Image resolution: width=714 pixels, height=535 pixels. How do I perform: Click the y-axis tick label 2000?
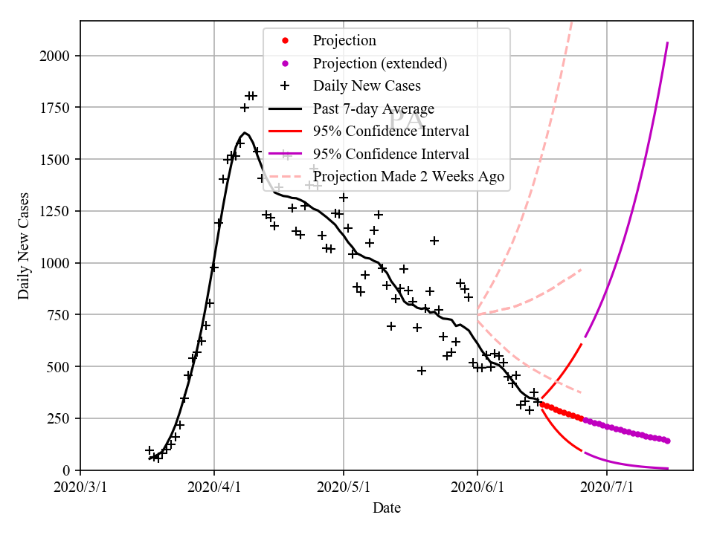point(56,56)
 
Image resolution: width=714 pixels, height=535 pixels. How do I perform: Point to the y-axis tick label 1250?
point(56,211)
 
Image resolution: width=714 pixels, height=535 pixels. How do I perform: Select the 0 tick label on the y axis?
point(67,470)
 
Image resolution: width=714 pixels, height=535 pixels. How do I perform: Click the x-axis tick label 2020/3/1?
point(80,487)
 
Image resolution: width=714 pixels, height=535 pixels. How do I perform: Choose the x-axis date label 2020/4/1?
point(214,487)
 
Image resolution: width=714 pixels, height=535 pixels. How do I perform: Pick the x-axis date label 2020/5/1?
point(343,487)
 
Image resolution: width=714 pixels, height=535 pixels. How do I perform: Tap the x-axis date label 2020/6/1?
point(477,487)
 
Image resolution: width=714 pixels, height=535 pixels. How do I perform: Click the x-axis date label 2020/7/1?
point(607,487)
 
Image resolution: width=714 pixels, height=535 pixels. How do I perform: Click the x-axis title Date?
point(387,508)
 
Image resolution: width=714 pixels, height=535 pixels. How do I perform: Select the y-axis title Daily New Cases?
point(24,245)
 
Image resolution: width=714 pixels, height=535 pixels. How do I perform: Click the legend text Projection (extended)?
point(380,63)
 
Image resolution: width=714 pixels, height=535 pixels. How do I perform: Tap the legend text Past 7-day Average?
point(373,109)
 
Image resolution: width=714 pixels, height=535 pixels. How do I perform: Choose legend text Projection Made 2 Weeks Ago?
point(408,177)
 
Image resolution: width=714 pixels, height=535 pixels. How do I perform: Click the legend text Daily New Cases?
point(367,86)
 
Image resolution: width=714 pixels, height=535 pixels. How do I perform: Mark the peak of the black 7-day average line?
point(245,133)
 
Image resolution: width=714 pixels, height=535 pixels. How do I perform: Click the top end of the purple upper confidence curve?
point(667,43)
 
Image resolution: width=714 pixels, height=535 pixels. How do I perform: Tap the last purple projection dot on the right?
point(667,441)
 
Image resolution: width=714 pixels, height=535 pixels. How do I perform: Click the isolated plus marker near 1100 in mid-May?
point(434,241)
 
